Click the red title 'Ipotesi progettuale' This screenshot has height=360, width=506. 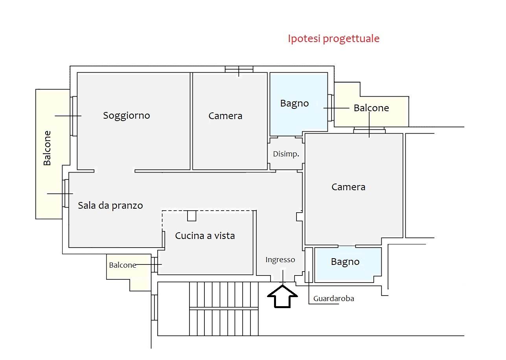[x=334, y=39]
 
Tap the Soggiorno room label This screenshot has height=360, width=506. [x=127, y=116]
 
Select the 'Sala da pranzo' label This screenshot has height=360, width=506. [x=110, y=206]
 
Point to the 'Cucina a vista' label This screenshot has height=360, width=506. [x=205, y=236]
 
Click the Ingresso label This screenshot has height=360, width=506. [x=280, y=260]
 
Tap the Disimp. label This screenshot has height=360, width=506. [x=286, y=154]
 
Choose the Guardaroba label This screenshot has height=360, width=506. [x=334, y=299]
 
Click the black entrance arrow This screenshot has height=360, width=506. [x=282, y=296]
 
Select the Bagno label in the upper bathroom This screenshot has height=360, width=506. [x=294, y=104]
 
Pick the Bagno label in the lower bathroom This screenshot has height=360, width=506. [x=345, y=262]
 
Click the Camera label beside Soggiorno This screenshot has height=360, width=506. [x=225, y=116]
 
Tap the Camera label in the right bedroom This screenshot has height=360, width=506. [x=348, y=187]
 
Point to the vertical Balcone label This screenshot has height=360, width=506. [x=47, y=148]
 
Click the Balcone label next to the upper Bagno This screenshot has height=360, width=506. [x=372, y=108]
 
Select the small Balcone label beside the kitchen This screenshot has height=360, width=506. [x=123, y=265]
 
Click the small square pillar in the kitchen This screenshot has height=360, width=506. [x=191, y=216]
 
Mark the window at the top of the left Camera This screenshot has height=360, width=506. [x=239, y=69]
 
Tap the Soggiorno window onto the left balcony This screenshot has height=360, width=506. [x=74, y=116]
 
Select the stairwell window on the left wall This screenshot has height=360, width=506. [x=154, y=308]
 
